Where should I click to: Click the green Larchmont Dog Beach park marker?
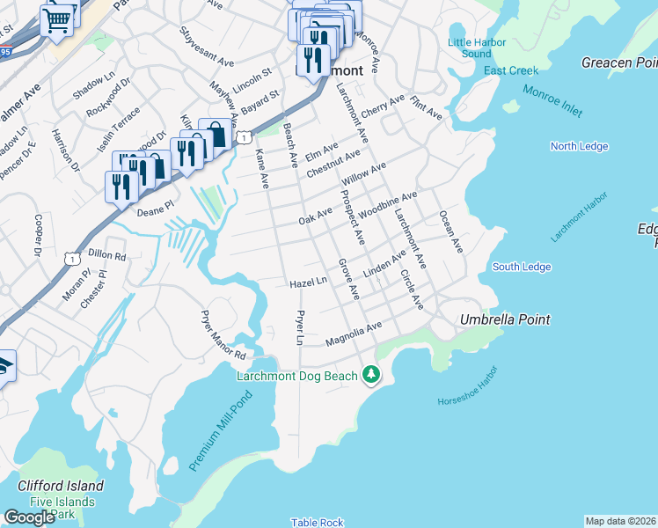pos(371,376)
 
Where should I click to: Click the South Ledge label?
pos(522,267)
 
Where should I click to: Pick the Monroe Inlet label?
pos(552,101)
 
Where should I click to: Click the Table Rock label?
pos(318,522)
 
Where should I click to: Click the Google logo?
pos(29,517)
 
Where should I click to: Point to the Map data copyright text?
pos(621,521)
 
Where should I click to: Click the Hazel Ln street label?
pos(308,283)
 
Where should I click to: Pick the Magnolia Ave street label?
pos(353,334)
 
